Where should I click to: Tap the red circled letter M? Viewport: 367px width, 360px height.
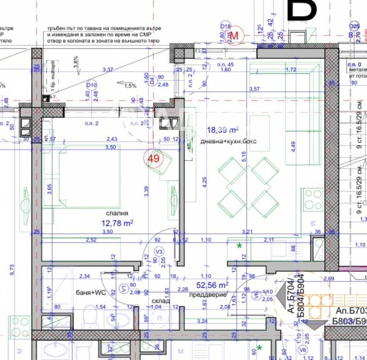(x=236, y=35)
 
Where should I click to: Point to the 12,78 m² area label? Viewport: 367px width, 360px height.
(x=117, y=223)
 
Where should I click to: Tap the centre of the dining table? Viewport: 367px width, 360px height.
(x=248, y=188)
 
